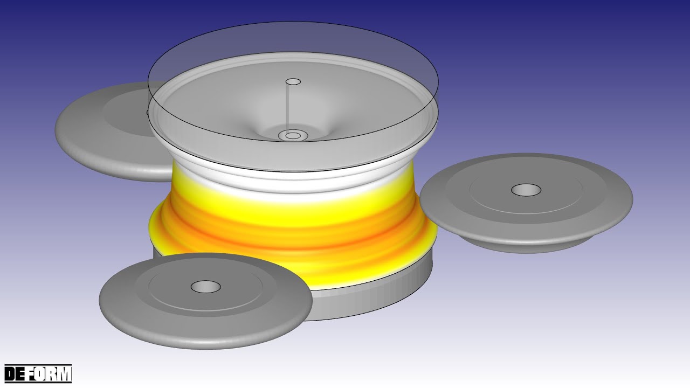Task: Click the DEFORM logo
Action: click(x=38, y=373)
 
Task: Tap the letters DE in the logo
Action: click(x=16, y=373)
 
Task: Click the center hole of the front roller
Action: click(x=205, y=287)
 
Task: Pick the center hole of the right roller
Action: click(x=526, y=190)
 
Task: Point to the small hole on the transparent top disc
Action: click(x=293, y=82)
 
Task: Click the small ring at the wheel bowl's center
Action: click(x=293, y=135)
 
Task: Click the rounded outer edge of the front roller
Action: click(x=205, y=337)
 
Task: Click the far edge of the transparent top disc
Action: click(x=293, y=24)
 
